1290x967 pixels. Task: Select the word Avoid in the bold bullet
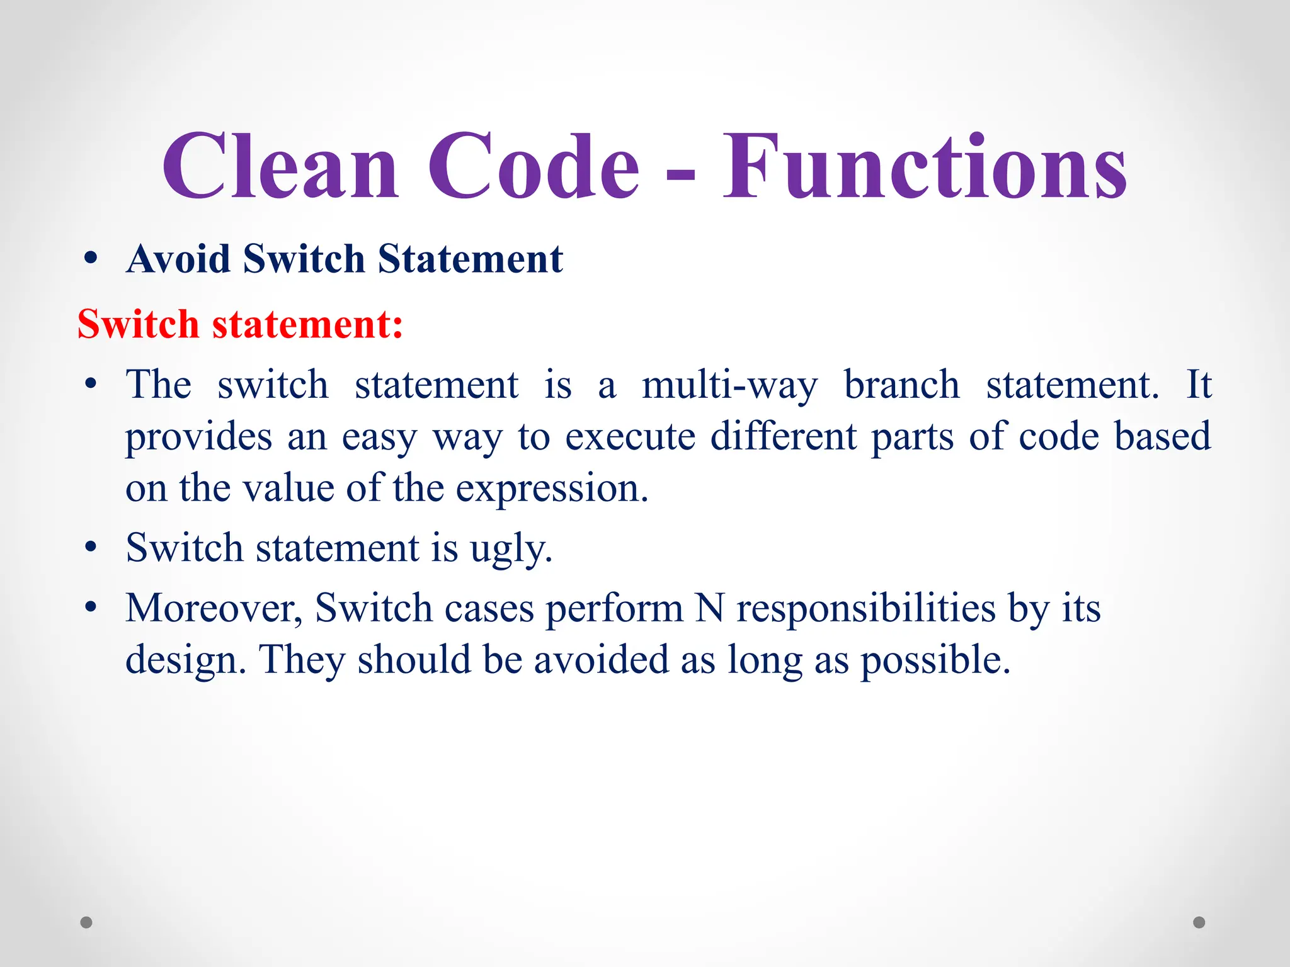click(178, 259)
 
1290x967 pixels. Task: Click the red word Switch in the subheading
click(138, 324)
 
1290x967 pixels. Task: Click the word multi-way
click(729, 385)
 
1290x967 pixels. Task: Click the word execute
click(630, 436)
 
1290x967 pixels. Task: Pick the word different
click(783, 436)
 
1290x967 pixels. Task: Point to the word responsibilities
click(865, 608)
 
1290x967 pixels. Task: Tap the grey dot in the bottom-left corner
click(87, 922)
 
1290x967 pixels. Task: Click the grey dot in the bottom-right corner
click(1199, 922)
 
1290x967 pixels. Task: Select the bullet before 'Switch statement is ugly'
click(91, 547)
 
